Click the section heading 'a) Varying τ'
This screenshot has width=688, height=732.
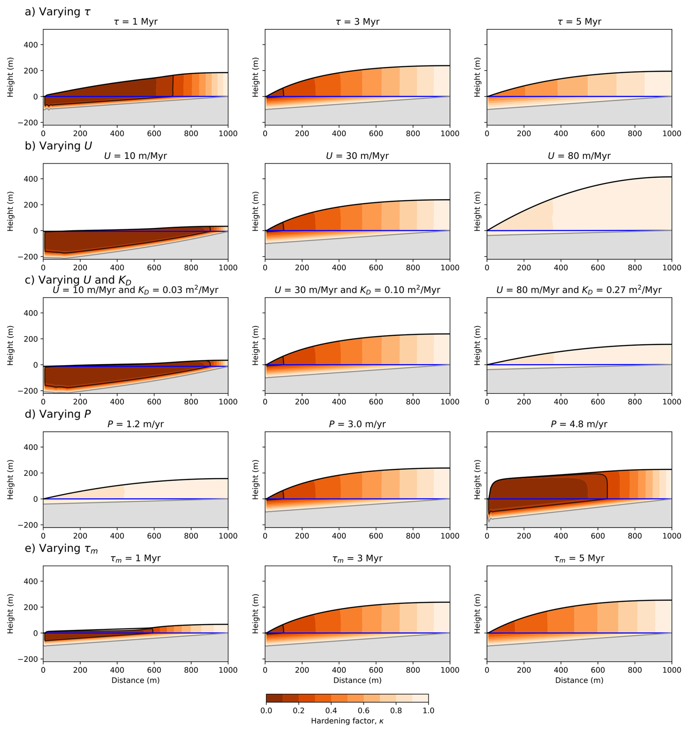coord(57,12)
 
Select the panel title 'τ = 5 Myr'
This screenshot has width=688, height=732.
coord(579,22)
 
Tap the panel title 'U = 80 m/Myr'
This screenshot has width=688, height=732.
coord(579,156)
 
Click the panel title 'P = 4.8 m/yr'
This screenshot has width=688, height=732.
coord(579,424)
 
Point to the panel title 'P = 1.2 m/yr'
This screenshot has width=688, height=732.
coord(136,424)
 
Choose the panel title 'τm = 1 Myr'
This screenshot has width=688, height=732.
coord(136,558)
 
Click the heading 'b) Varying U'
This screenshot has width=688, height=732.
coord(58,146)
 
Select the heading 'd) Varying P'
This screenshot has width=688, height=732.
coord(57,414)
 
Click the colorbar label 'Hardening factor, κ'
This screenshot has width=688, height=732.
coord(347,721)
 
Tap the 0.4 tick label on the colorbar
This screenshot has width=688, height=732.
coord(331,710)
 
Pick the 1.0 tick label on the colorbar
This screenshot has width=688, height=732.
coord(428,710)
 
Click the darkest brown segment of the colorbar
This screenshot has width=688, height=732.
coord(274,699)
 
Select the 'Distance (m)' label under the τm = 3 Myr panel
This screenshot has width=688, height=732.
coord(357,680)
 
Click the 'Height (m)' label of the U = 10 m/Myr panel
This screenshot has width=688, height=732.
coord(10,212)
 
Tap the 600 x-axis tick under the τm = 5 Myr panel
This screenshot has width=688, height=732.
coord(598,670)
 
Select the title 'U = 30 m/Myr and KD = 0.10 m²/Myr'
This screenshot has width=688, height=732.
coord(357,290)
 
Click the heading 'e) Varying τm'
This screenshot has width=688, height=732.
coord(61,548)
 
